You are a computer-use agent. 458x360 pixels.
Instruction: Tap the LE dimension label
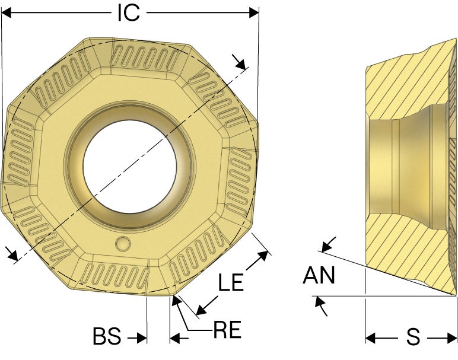tap(231, 282)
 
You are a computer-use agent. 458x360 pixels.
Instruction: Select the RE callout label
tap(227, 330)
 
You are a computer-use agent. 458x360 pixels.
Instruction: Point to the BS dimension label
tap(107, 336)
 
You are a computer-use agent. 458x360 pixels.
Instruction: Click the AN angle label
tap(319, 275)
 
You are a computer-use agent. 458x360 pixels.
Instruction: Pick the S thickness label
tap(414, 337)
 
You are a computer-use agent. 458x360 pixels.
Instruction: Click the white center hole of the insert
tap(130, 167)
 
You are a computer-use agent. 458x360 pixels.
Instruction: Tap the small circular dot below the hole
tap(123, 243)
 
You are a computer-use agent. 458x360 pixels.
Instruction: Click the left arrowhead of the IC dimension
tap(7, 13)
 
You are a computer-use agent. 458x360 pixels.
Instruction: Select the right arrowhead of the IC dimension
tap(254, 13)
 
